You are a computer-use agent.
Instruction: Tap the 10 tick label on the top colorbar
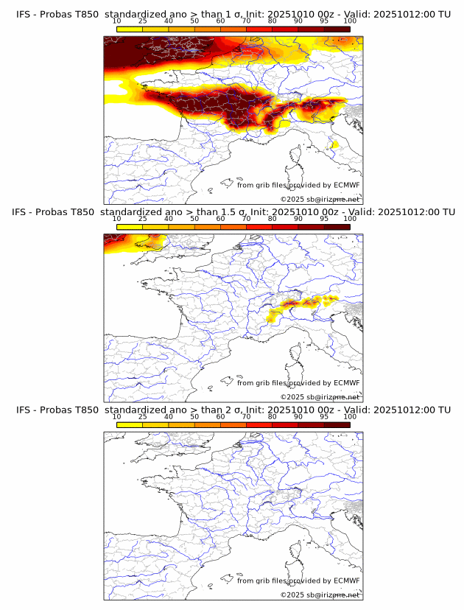click(x=116, y=21)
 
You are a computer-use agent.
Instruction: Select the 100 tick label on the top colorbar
click(x=350, y=21)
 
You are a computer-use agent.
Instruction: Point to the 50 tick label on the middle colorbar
click(x=194, y=219)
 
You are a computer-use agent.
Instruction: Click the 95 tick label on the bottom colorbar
click(x=324, y=417)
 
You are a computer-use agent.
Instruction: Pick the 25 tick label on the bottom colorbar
click(x=143, y=417)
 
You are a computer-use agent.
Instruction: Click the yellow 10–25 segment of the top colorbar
click(x=130, y=29)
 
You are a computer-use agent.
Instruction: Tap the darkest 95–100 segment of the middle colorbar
click(x=337, y=227)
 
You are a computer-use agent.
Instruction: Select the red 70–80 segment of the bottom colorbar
click(x=259, y=425)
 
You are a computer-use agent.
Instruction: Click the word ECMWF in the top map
click(x=347, y=185)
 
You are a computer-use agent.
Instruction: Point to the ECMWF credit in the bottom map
click(x=347, y=581)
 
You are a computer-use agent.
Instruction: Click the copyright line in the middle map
click(x=320, y=397)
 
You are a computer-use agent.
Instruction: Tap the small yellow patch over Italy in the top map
click(x=335, y=145)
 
